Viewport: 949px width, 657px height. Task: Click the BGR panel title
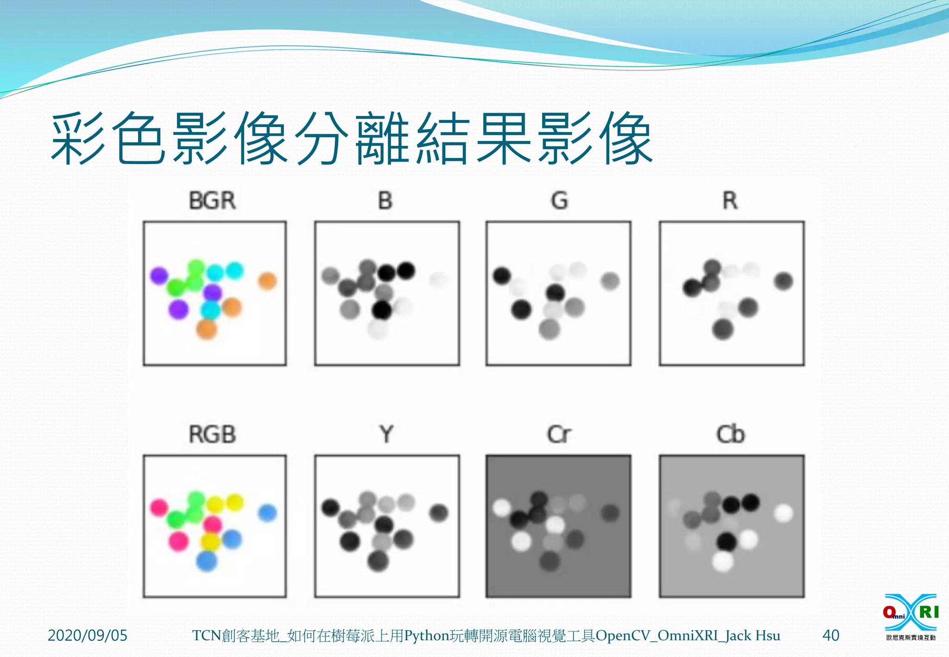[x=212, y=201]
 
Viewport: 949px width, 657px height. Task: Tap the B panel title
[x=385, y=201]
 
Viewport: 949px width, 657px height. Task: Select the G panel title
[x=559, y=201]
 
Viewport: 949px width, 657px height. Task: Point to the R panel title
[x=730, y=201]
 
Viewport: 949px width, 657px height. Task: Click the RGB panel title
[x=212, y=435]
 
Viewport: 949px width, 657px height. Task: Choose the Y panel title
[x=386, y=435]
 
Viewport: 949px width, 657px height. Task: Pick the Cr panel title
[x=559, y=435]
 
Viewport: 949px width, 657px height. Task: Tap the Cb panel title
[x=730, y=435]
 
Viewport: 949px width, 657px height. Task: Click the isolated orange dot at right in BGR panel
[x=267, y=281]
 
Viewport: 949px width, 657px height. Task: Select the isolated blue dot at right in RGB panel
[x=267, y=513]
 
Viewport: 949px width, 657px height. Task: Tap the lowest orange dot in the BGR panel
[x=207, y=329]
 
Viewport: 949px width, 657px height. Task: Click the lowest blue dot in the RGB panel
[x=207, y=561]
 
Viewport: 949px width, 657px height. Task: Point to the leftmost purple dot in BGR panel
[x=159, y=276]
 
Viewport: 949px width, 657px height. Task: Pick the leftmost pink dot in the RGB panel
[x=159, y=507]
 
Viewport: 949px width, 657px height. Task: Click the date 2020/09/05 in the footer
[x=87, y=635]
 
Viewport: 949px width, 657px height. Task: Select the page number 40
[x=830, y=635]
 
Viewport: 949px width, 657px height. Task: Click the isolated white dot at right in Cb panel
[x=783, y=513]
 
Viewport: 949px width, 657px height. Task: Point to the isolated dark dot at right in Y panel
[x=438, y=513]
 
